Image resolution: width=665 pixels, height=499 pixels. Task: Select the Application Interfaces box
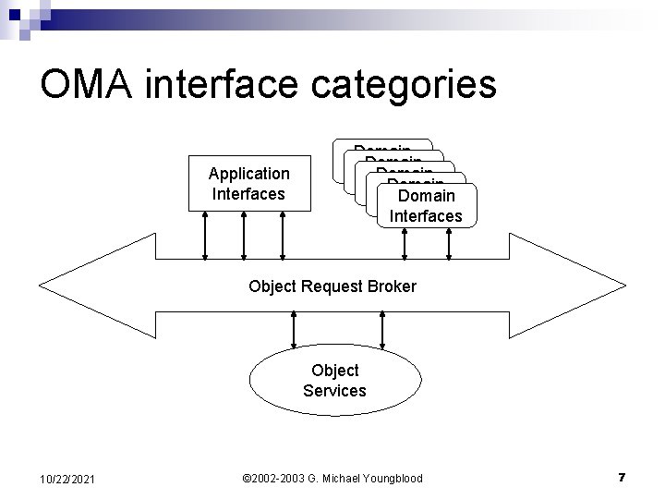coord(248,183)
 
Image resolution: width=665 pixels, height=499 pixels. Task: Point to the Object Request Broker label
coord(332,286)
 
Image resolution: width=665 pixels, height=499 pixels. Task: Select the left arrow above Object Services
coord(293,327)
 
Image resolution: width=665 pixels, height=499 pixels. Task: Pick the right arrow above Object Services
coord(381,327)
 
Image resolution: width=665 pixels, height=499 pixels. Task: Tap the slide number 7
coord(622,478)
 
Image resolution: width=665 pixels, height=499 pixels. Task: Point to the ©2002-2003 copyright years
coord(273,478)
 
